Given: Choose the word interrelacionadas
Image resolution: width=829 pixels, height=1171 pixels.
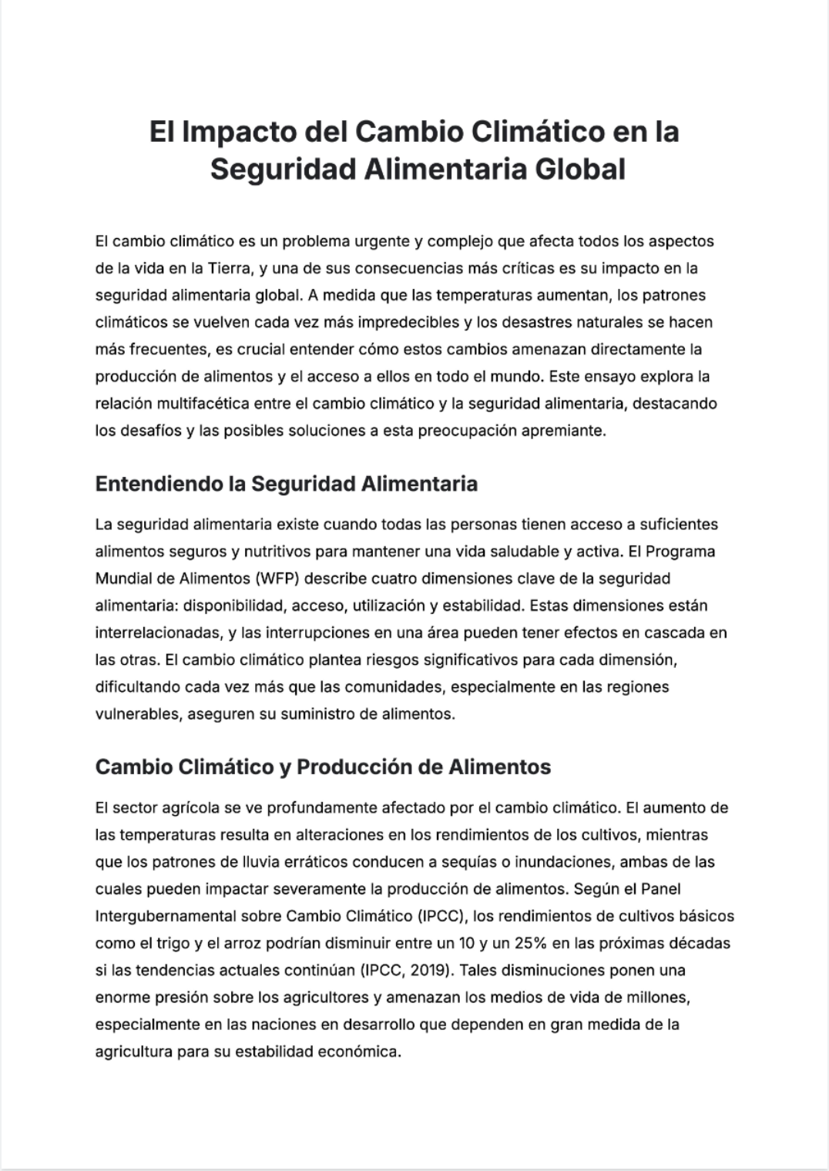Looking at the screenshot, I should (x=157, y=633).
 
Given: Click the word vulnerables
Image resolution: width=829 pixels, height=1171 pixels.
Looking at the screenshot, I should (x=136, y=714).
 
